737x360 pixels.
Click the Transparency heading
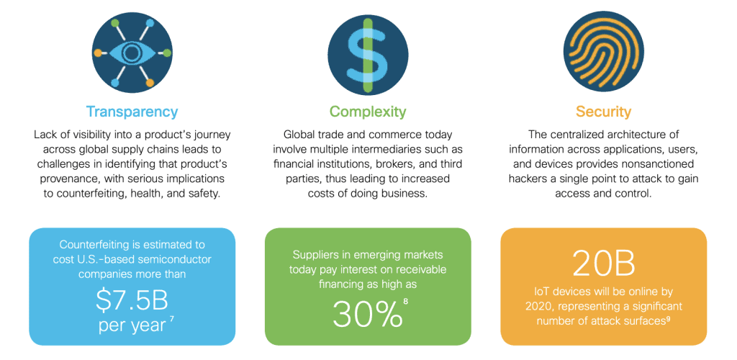(x=132, y=112)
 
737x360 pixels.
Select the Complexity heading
(x=368, y=112)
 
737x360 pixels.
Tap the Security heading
(x=603, y=112)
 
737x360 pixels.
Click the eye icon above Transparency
(x=132, y=53)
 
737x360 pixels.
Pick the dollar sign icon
(x=368, y=53)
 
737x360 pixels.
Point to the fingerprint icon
(x=603, y=53)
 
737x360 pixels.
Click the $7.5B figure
(x=132, y=302)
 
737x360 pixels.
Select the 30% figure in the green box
(x=367, y=313)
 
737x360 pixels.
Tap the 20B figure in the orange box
(x=604, y=264)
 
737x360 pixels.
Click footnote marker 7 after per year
(x=172, y=320)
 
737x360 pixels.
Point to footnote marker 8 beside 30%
(x=406, y=301)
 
